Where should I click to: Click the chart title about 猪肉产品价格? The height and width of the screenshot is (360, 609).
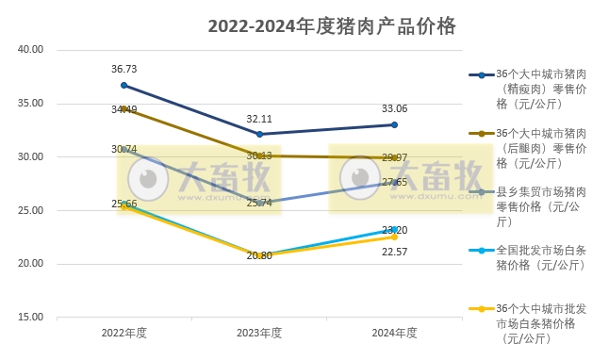point(332,26)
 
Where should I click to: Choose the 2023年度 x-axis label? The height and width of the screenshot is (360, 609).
point(259,333)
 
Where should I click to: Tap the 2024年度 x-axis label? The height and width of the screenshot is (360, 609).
point(394,333)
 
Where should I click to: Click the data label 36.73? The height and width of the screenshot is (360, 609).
point(124,69)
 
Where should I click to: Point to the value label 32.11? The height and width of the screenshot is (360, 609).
point(259,119)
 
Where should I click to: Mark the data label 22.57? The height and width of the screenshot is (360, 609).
point(394,251)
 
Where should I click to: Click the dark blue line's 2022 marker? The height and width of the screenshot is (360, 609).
point(124,85)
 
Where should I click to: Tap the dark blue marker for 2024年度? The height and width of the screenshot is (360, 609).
point(394,124)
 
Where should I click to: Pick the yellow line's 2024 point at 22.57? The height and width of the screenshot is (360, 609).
point(394,237)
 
